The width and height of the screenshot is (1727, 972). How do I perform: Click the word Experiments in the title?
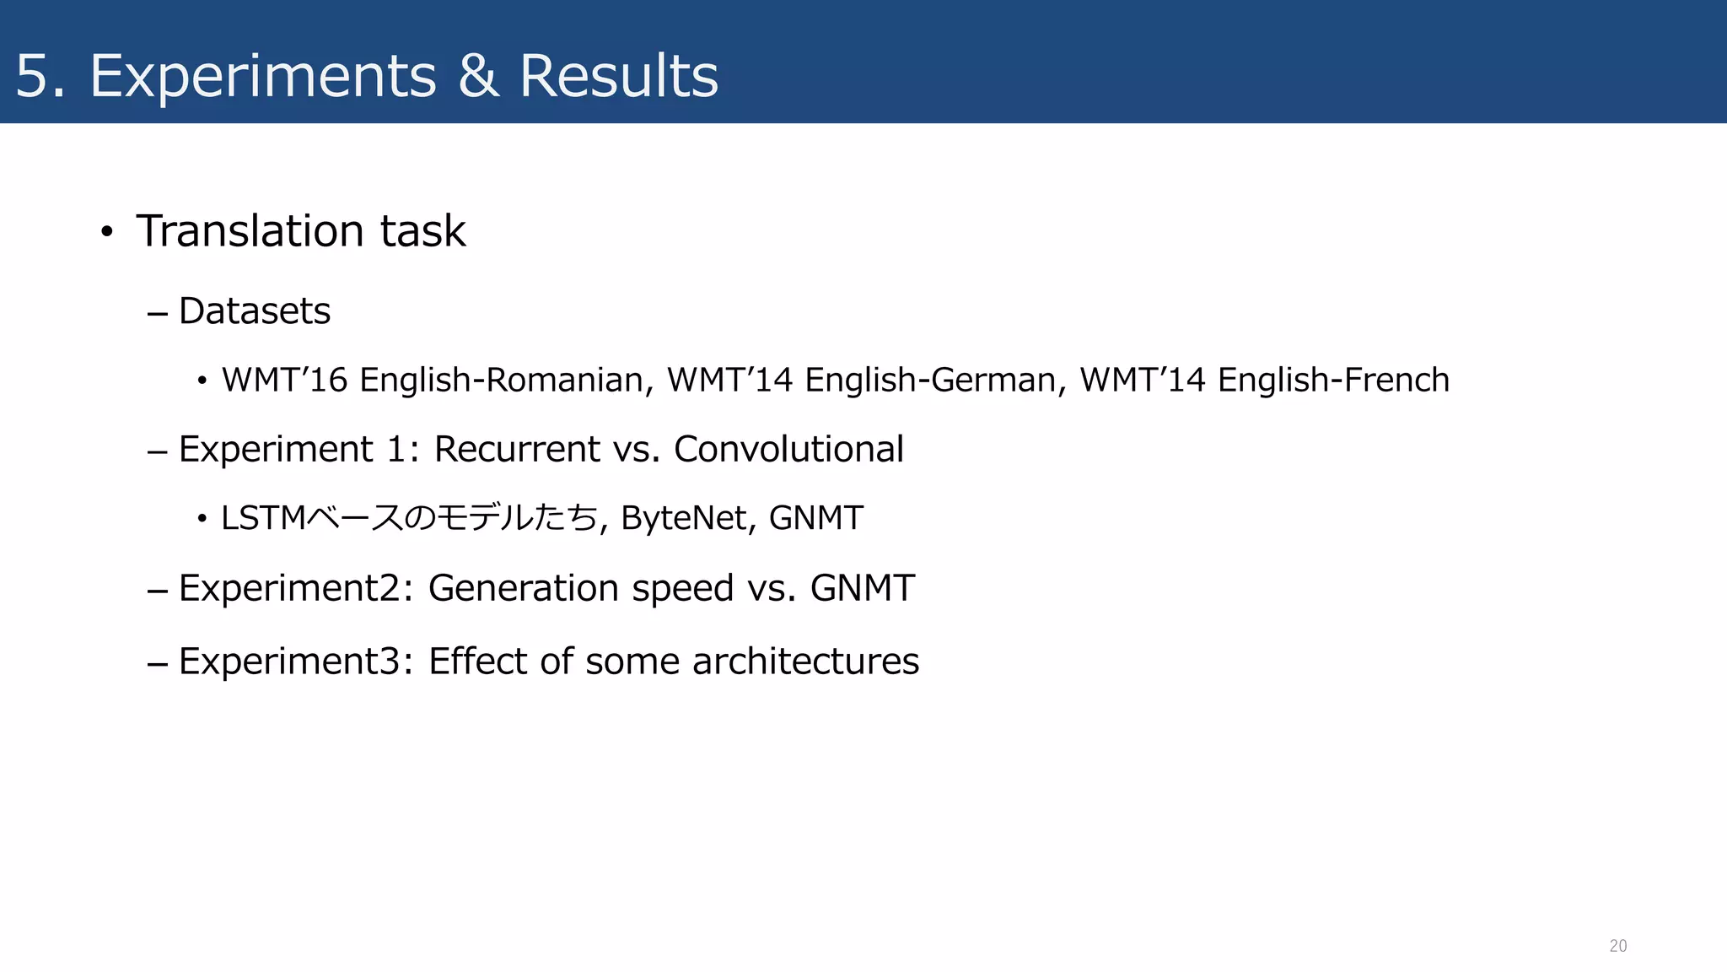pyautogui.click(x=263, y=77)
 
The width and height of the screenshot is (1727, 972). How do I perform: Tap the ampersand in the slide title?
pyautogui.click(x=477, y=76)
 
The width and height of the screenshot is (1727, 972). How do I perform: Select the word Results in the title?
pyautogui.click(x=618, y=76)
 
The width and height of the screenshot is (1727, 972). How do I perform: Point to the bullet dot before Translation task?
pyautogui.click(x=106, y=232)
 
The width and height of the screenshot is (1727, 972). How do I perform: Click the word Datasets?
pyautogui.click(x=255, y=311)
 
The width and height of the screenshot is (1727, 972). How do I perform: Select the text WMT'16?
pyautogui.click(x=284, y=380)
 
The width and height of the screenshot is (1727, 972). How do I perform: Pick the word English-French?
pyautogui.click(x=1333, y=381)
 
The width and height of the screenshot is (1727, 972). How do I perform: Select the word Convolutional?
pyautogui.click(x=788, y=449)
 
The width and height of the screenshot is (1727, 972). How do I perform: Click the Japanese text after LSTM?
pyautogui.click(x=451, y=518)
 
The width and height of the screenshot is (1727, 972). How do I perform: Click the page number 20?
pyautogui.click(x=1617, y=946)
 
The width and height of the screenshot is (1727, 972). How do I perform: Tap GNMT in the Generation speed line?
pyautogui.click(x=862, y=588)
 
